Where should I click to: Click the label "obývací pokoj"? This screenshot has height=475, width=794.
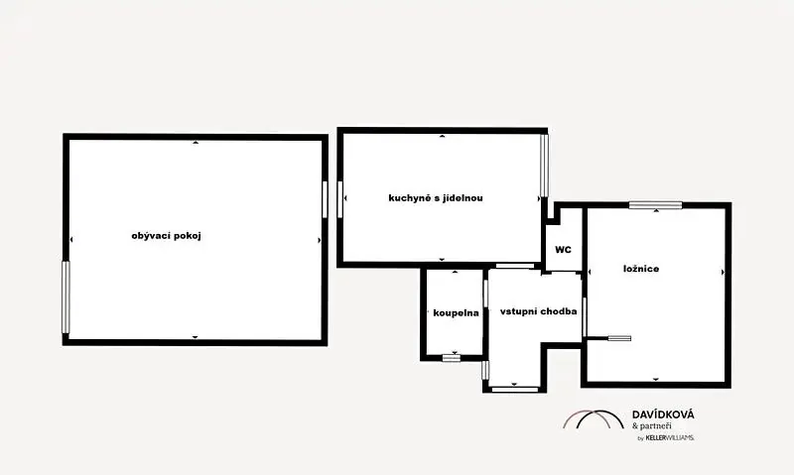[166, 236]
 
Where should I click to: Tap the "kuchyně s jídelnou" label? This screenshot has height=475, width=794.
[436, 197]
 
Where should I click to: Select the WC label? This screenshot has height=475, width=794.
[563, 249]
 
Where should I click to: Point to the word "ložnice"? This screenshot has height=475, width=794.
[641, 269]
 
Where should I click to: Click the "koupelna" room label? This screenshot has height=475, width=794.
[456, 313]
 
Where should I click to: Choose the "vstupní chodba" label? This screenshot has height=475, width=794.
[538, 311]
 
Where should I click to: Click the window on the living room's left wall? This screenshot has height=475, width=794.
[66, 297]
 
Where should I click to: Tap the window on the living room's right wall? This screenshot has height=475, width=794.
[325, 199]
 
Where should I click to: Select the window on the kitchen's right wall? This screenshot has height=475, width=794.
[544, 165]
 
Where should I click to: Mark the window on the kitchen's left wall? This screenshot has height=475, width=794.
[339, 199]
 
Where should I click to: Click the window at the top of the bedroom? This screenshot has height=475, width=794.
[655, 205]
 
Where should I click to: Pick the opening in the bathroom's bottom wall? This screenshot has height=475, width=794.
[452, 358]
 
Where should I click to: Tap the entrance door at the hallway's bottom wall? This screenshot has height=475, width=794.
[515, 389]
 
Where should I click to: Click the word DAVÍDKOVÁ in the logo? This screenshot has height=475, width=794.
[663, 415]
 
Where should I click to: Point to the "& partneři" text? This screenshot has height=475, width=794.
[652, 426]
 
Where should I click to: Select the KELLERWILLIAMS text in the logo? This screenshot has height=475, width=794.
[669, 438]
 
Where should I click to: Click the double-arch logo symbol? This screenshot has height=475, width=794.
[594, 419]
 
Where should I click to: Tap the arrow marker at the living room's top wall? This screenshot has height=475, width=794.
[196, 143]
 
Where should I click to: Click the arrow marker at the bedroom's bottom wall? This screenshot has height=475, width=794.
[656, 380]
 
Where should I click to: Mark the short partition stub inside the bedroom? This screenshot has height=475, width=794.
[609, 338]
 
